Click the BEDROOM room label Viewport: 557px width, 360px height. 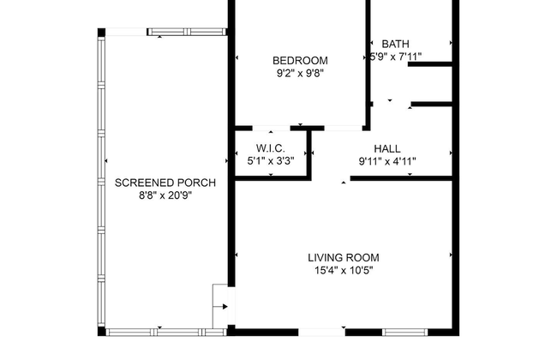tap(300, 60)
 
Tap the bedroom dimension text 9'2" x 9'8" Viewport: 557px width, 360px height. tap(300, 73)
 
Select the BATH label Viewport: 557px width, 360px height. tap(395, 44)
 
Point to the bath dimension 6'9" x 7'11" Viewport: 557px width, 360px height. tap(395, 57)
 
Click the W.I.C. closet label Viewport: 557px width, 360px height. tap(271, 148)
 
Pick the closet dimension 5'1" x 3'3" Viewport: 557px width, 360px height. tap(271, 161)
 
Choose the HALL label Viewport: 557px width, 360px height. tap(387, 148)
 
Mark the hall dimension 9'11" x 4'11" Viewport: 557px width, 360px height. tap(387, 161)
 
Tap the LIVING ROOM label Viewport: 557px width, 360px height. tap(344, 258)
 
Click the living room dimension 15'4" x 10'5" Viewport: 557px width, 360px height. tap(344, 271)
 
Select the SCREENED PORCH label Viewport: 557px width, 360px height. tap(165, 183)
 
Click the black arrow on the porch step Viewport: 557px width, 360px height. tap(225, 306)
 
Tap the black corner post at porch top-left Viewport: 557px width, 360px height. tap(102, 33)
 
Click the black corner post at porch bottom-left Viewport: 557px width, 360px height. tap(102, 332)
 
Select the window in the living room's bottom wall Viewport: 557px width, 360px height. tap(405, 333)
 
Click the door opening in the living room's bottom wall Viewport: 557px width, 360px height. tap(321, 333)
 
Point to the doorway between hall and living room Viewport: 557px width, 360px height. tap(331, 178)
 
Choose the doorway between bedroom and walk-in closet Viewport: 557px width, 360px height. tap(272, 129)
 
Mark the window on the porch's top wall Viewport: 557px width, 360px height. tap(187, 32)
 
